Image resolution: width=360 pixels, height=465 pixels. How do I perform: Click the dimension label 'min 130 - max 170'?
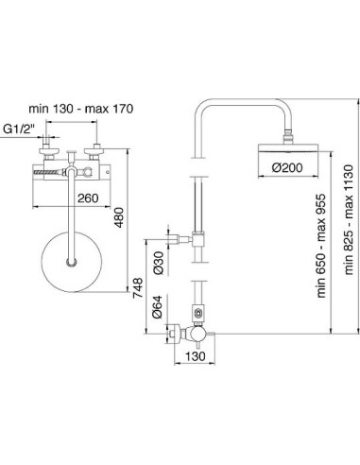click(x=81, y=109)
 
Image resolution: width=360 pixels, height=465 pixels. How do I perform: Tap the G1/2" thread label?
click(x=19, y=129)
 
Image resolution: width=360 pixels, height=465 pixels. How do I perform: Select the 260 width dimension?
click(x=88, y=198)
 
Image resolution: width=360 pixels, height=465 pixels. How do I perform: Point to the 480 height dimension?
click(x=119, y=217)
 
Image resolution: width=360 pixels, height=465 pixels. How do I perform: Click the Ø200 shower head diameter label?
click(x=287, y=167)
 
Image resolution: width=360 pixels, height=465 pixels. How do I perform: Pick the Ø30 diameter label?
click(x=159, y=263)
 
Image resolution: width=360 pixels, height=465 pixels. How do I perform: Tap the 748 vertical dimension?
click(x=138, y=288)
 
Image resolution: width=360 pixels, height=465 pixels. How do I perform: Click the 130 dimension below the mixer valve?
click(x=196, y=356)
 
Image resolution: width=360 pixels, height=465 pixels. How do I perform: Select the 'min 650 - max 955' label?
click(x=321, y=246)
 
